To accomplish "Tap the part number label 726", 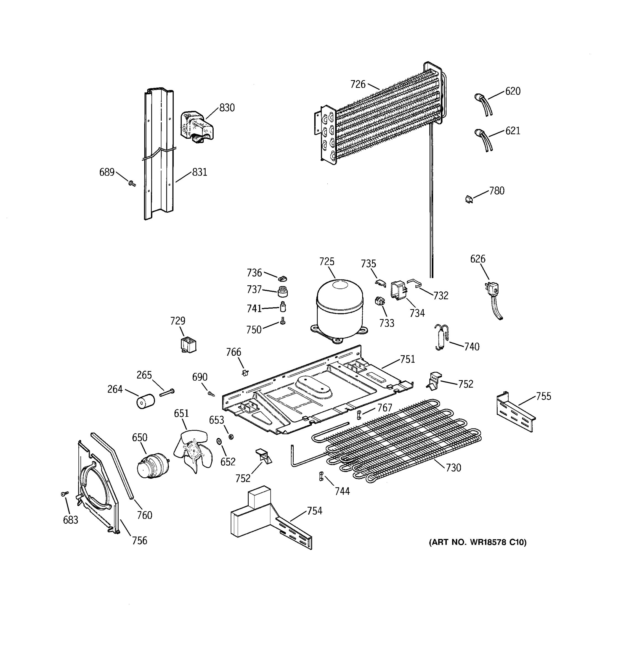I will coord(357,84).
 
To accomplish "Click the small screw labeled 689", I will coord(132,183).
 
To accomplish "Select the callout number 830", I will coord(227,108).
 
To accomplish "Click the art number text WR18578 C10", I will coord(478,542).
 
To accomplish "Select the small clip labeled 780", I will coord(469,199).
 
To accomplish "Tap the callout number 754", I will coord(314,511).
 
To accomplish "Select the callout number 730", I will coord(453,468).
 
